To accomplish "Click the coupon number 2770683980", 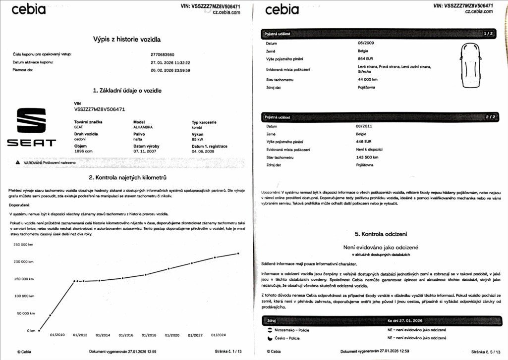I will pyautogui.click(x=162, y=54).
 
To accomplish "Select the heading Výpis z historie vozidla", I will pyautogui.click(x=127, y=39).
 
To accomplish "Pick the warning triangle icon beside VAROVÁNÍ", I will pyautogui.click(x=18, y=162).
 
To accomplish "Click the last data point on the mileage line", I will pyautogui.click(x=238, y=254).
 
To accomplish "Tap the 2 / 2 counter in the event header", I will pyautogui.click(x=490, y=117).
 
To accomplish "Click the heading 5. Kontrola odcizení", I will pyautogui.click(x=381, y=234).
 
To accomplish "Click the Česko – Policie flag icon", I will pyautogui.click(x=270, y=338).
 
